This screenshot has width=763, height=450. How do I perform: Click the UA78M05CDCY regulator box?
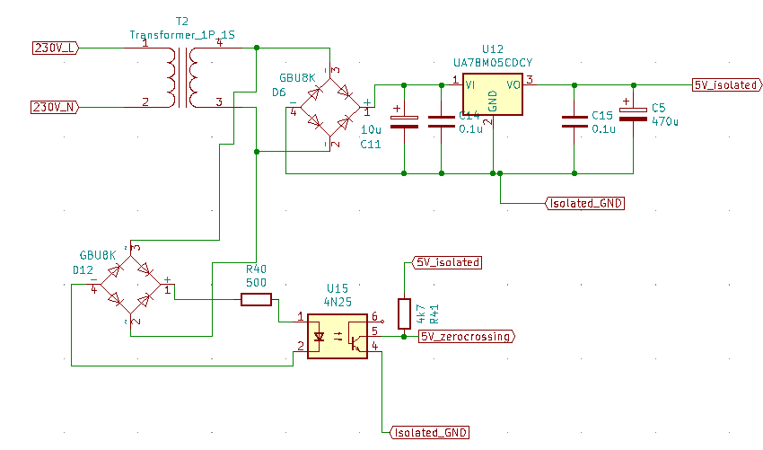point(492,96)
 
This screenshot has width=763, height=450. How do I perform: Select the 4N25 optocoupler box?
point(338,335)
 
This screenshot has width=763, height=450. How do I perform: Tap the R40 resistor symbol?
point(256,300)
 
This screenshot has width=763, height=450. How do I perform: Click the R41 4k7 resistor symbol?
point(404,311)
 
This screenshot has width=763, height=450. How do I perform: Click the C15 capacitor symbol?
point(574,122)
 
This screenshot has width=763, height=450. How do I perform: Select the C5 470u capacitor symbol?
point(634,114)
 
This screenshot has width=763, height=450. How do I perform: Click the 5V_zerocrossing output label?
point(467,337)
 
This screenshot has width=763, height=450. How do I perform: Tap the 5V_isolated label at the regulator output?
point(727,84)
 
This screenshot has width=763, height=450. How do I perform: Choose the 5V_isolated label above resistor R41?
point(446,263)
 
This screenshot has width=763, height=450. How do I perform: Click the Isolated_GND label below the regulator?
point(584,203)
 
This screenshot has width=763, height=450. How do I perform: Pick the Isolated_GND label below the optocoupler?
point(430,432)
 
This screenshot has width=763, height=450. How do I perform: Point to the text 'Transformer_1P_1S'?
point(182,35)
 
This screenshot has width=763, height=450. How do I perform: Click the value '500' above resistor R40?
point(256,283)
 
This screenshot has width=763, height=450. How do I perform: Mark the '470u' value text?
point(666,119)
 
